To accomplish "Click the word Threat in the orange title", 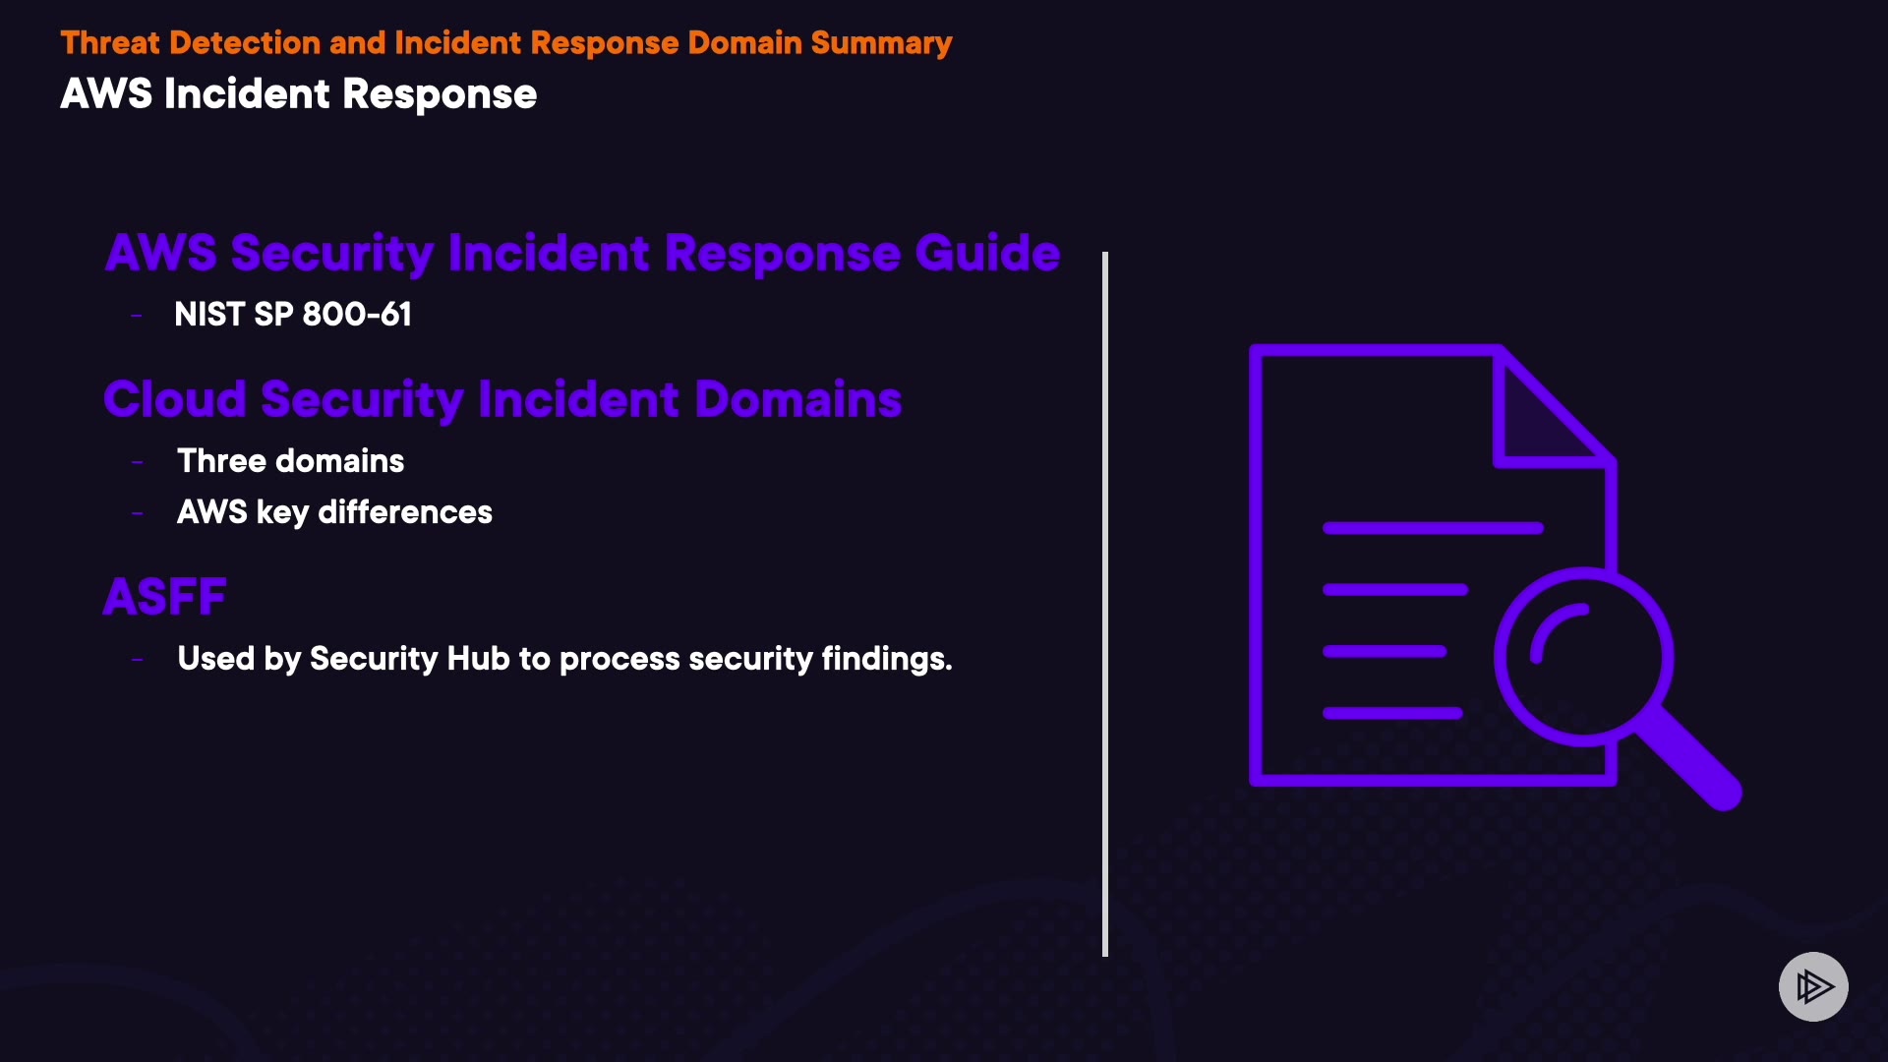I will [x=109, y=43].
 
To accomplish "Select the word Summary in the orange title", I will [x=881, y=43].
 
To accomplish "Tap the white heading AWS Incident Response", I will [x=298, y=94].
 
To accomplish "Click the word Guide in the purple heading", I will [x=987, y=254].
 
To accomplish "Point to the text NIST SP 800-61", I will [x=293, y=315].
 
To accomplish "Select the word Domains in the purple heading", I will [x=797, y=399].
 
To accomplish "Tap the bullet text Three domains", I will [x=290, y=461].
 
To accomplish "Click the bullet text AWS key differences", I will [x=334, y=512].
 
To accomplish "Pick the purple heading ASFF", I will [x=165, y=597].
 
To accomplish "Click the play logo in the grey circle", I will [x=1813, y=986].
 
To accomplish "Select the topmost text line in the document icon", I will [x=1433, y=528].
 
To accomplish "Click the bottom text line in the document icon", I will [x=1392, y=713].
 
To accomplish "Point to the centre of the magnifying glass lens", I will [x=1583, y=656].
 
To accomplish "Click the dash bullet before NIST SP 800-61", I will [x=137, y=316].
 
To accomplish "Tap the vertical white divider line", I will [x=1105, y=604].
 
